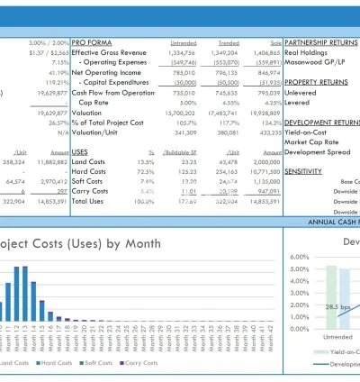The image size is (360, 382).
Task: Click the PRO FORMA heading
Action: point(92,42)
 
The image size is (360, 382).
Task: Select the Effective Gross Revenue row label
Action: point(110,52)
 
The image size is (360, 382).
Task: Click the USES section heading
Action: point(79,152)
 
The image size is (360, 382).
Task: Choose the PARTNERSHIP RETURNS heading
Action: point(319,42)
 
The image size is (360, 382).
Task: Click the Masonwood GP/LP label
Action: point(314,62)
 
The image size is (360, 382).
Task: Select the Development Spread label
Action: point(319,151)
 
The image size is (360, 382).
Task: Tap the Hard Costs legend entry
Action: point(57,363)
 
